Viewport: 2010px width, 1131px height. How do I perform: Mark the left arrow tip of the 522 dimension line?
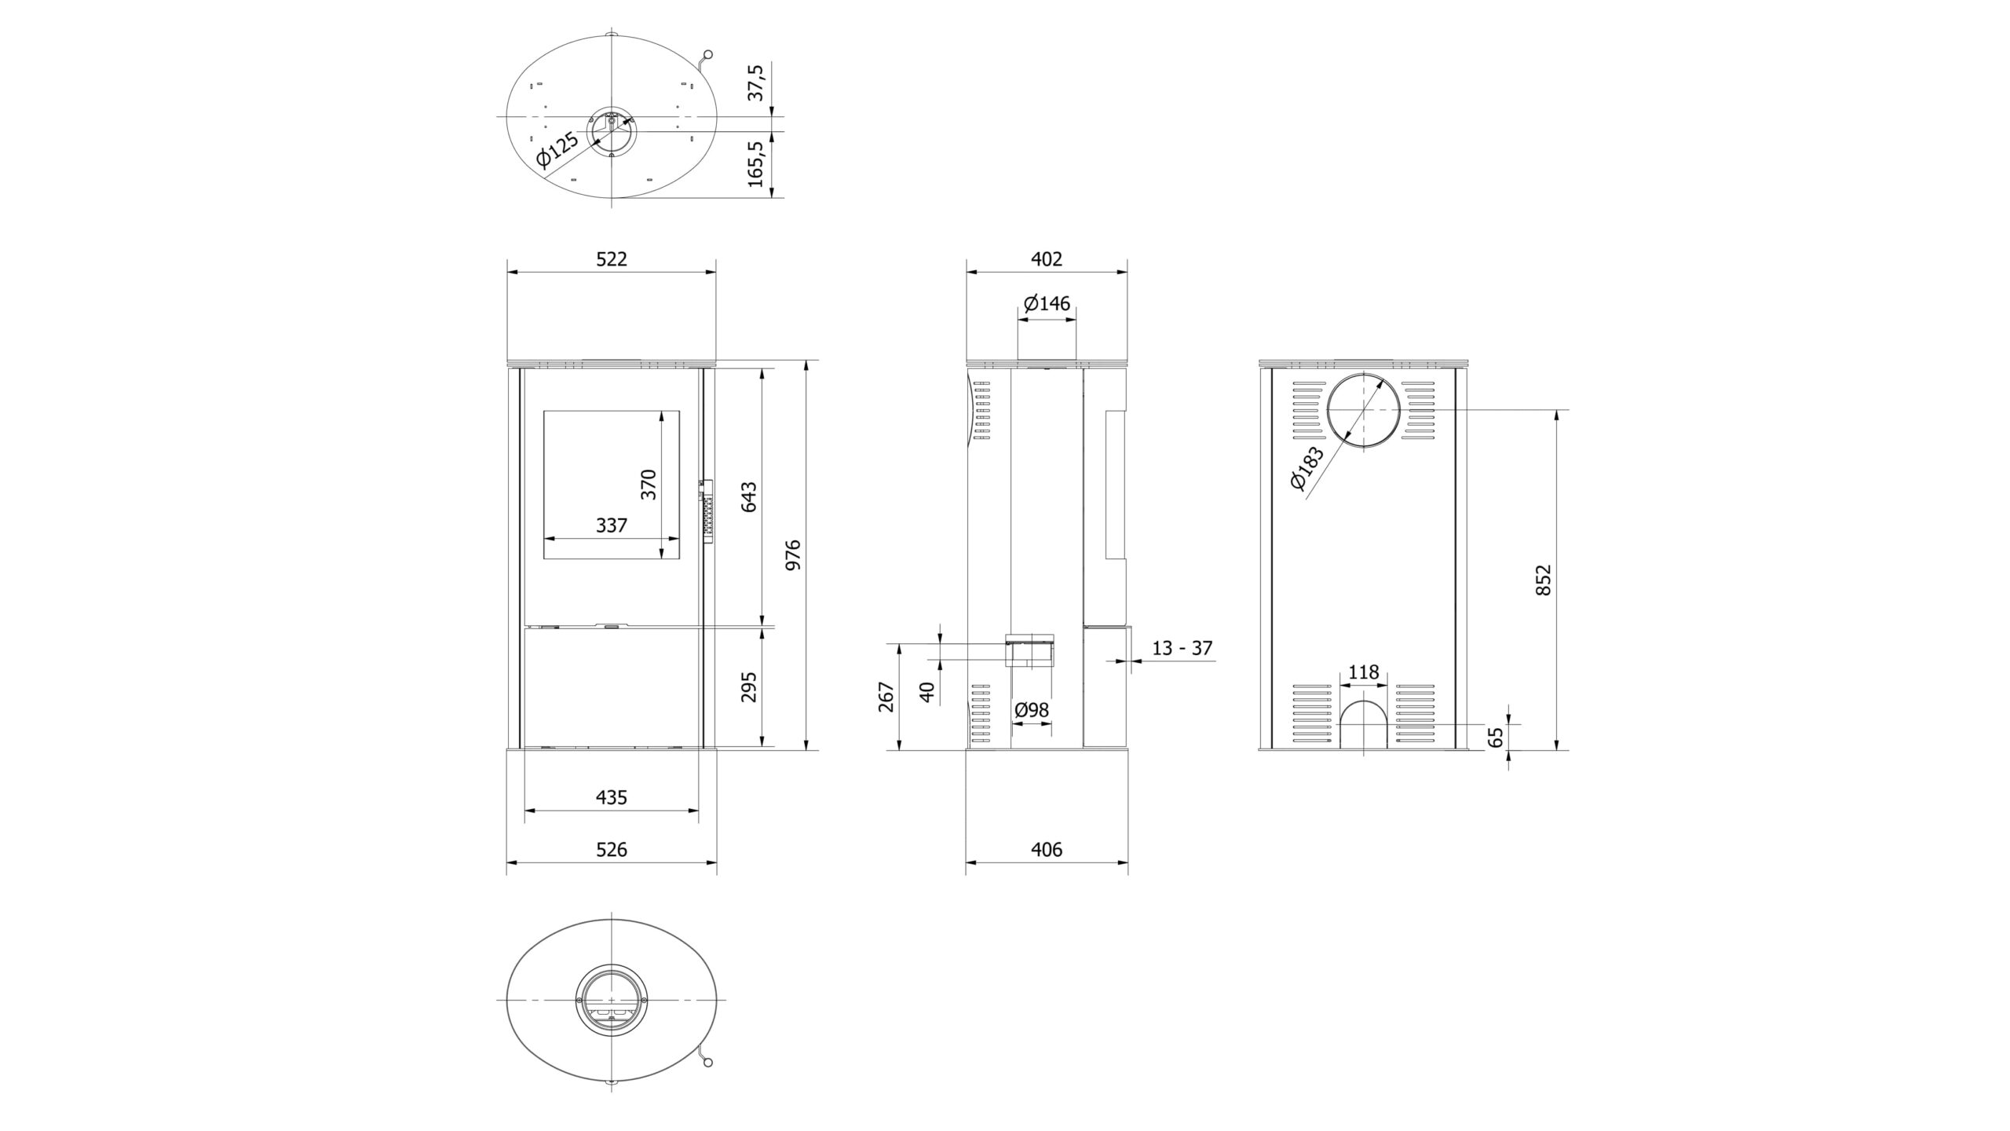[x=507, y=272]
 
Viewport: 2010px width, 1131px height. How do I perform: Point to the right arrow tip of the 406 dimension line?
[x=1128, y=862]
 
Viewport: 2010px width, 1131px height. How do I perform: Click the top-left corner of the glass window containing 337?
[x=543, y=409]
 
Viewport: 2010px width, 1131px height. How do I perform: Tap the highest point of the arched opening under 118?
[x=1363, y=701]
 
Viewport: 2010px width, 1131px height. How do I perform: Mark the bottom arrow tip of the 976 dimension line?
[x=806, y=750]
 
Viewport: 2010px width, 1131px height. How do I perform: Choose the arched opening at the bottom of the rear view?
[x=1363, y=726]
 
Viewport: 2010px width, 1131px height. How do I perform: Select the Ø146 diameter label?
[x=1047, y=303]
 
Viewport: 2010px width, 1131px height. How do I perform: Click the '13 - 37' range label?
[x=1182, y=648]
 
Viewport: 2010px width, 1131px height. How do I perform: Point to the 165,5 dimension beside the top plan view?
[x=756, y=163]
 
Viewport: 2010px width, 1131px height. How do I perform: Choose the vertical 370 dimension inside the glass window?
[x=648, y=485]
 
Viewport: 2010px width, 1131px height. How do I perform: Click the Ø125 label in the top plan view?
[x=557, y=160]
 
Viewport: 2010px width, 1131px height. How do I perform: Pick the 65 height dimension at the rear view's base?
[x=1496, y=736]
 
